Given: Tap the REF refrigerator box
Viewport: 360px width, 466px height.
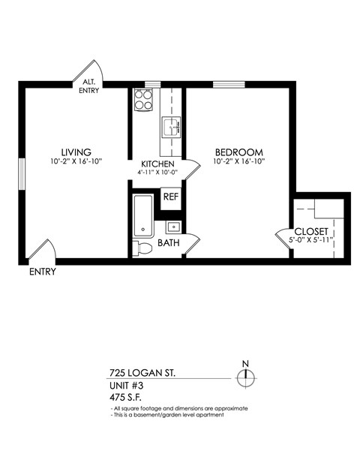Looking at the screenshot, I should coord(171,197).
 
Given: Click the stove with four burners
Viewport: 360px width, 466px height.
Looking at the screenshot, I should coord(143,100).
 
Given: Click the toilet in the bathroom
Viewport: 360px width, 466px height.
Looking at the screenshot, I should coord(142,247).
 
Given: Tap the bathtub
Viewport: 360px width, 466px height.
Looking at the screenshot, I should coord(142,215).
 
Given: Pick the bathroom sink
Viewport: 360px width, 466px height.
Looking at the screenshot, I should coord(172,226).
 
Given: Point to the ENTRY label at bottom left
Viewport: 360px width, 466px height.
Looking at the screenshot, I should coord(42,272).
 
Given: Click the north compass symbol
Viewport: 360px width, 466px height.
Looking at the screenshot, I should coord(245,377).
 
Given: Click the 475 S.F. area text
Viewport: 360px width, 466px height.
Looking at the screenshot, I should coord(124,397).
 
